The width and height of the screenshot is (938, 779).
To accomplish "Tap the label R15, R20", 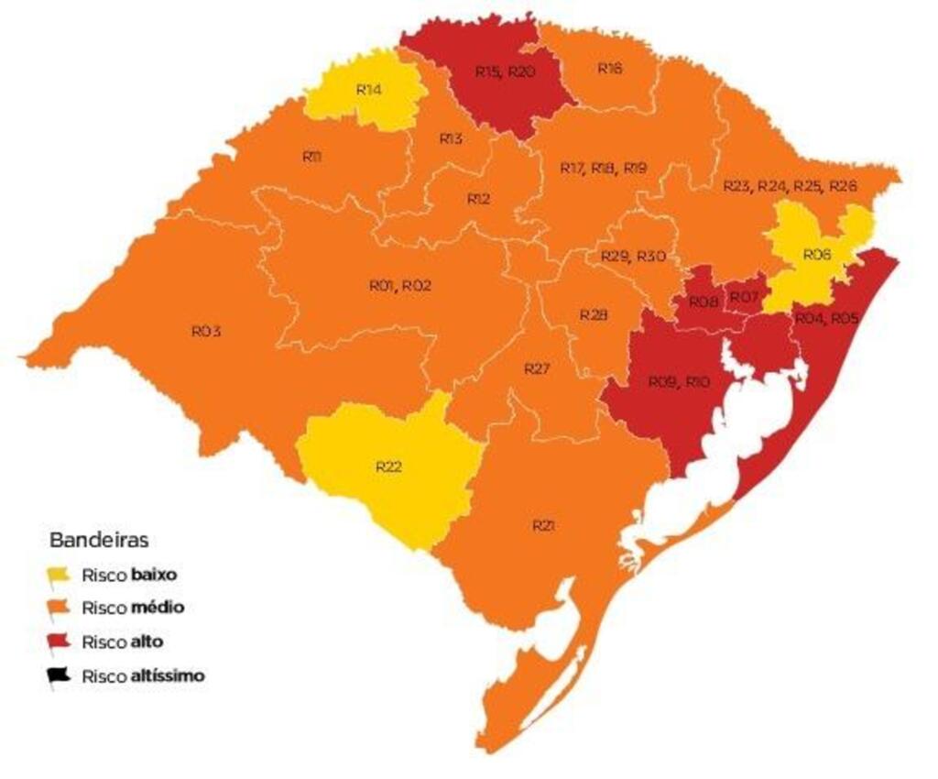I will [x=505, y=71].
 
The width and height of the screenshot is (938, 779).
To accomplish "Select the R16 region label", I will [x=610, y=68].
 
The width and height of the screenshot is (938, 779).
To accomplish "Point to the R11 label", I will [x=311, y=157].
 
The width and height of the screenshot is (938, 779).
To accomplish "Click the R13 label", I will [x=450, y=138].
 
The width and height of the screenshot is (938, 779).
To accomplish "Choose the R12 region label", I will [x=479, y=198].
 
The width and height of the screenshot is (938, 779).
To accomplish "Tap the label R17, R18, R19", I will [x=603, y=168].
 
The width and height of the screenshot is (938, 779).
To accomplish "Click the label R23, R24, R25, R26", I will [x=790, y=186].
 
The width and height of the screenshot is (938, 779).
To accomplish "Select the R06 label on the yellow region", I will [x=816, y=254].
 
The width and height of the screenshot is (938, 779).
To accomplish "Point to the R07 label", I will [x=744, y=297].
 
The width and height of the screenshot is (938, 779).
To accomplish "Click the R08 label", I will [x=703, y=302].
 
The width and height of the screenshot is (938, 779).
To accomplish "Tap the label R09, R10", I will [x=679, y=381].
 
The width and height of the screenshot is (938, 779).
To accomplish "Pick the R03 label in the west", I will [x=206, y=331].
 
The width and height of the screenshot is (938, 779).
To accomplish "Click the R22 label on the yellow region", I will [x=388, y=466].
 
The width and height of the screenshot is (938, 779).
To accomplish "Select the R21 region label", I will [x=544, y=525].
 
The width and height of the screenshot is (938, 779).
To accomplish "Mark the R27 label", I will [x=536, y=368].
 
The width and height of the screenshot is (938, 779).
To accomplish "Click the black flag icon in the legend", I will [x=60, y=676].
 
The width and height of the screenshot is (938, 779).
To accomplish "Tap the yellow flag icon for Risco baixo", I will [x=60, y=576].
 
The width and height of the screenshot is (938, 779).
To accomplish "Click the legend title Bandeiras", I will [x=99, y=538].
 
